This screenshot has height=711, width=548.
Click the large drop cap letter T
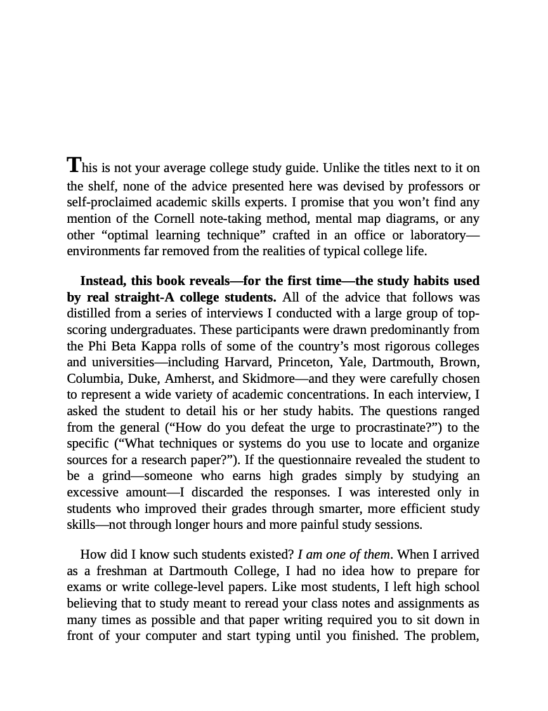[x=74, y=165]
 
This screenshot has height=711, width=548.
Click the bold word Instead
[x=102, y=281]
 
